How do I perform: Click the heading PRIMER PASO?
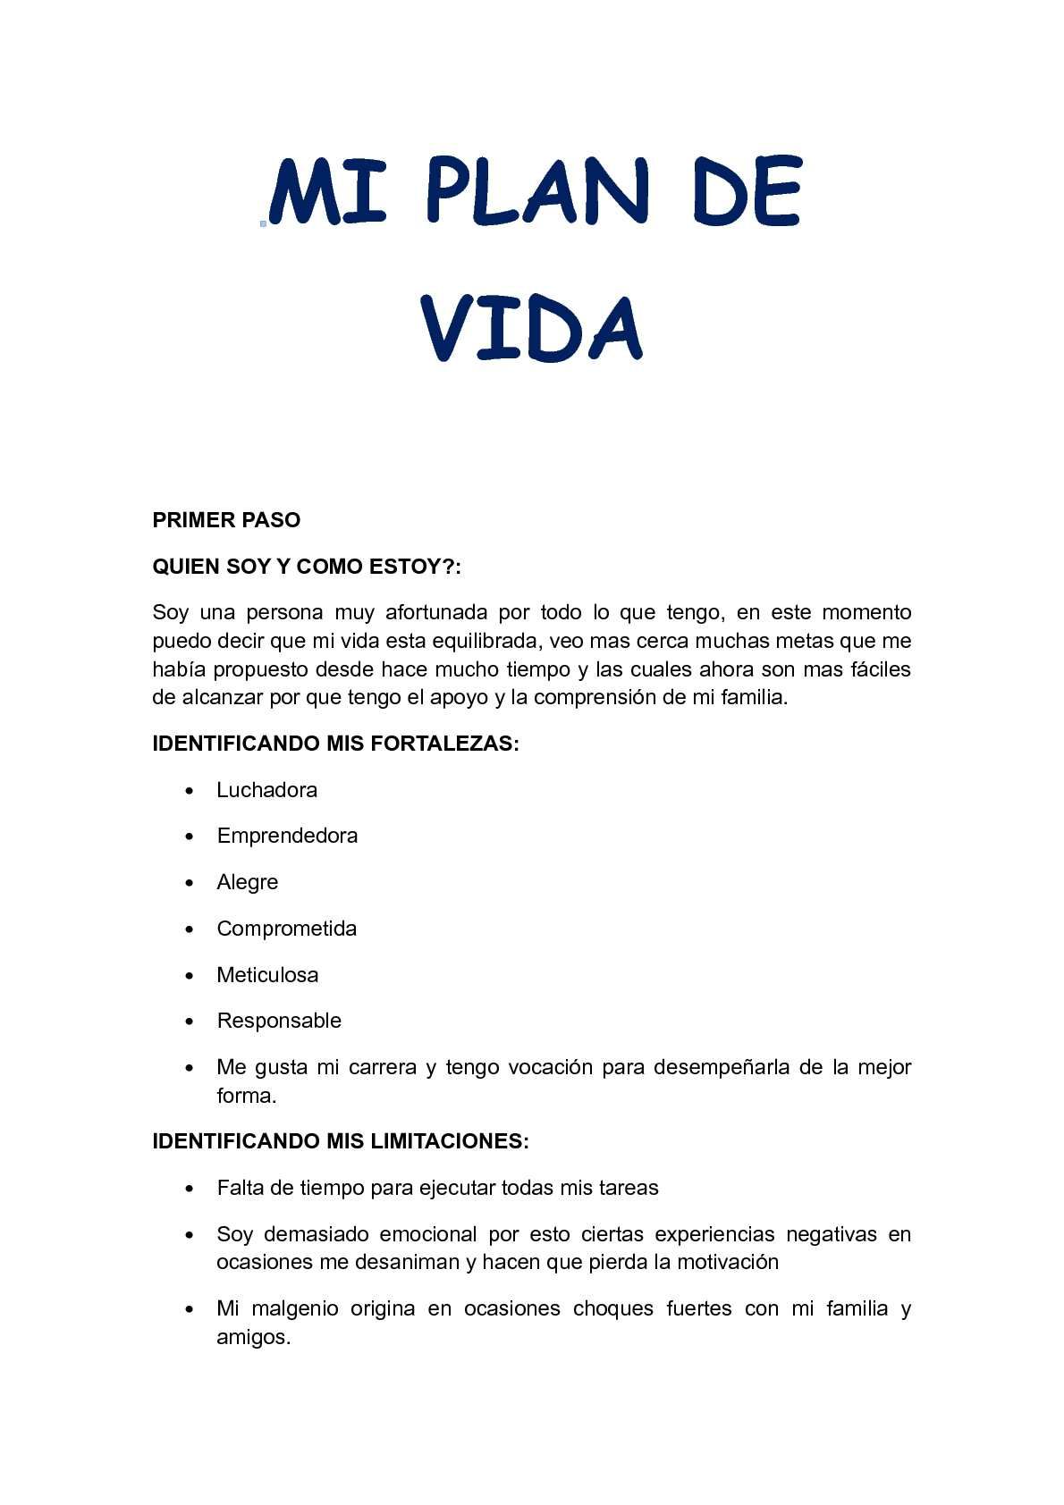point(226,520)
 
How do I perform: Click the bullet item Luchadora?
point(266,790)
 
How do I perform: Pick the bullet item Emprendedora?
point(287,836)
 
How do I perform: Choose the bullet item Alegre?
point(247,882)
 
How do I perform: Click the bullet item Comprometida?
point(286,929)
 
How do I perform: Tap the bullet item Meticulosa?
point(267,975)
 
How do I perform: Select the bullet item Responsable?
point(279,1021)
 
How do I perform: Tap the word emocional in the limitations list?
point(428,1234)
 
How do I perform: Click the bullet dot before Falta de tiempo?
point(190,1189)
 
